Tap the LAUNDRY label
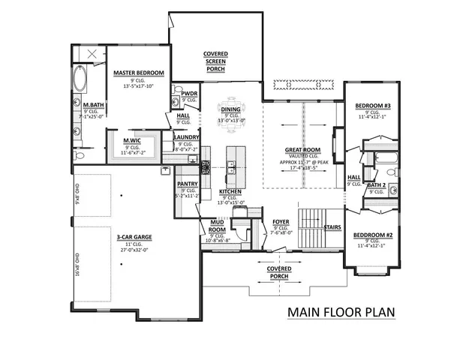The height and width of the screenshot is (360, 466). (185, 137)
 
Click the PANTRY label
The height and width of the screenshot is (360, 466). (187, 183)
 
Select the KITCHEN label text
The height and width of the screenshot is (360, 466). (230, 192)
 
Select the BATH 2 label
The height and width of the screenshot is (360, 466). (377, 184)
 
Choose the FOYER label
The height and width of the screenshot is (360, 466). (281, 222)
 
